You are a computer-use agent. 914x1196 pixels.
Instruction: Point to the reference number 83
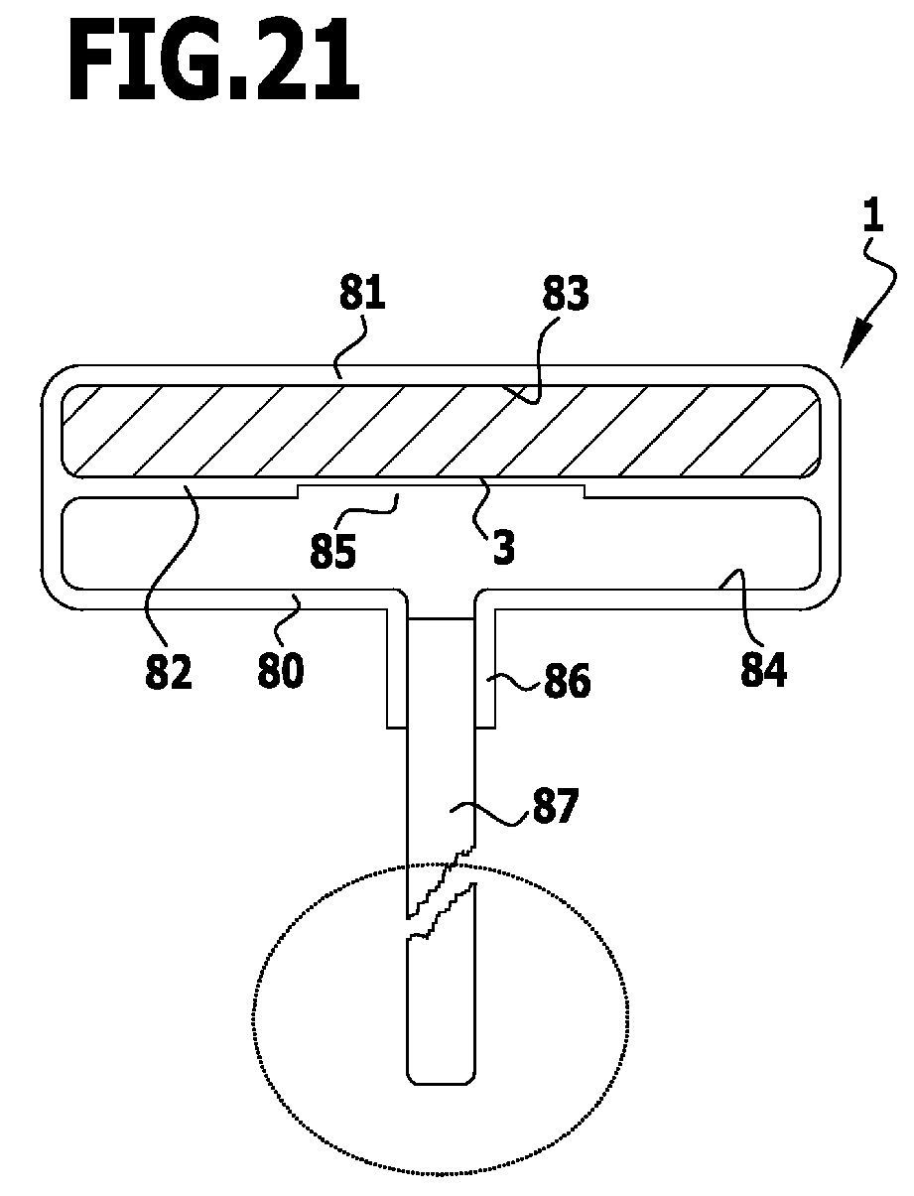pos(565,297)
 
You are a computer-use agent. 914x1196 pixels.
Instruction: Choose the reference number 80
pos(281,670)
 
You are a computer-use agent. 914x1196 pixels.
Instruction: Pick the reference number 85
pos(333,552)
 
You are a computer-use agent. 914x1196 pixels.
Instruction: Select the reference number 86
pos(566,682)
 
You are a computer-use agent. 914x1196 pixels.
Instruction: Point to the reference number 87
pos(552,808)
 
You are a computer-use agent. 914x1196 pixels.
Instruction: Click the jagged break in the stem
pos(442,894)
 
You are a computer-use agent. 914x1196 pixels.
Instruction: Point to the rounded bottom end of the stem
pos(442,1076)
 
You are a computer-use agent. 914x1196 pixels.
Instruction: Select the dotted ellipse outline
pos(256,1022)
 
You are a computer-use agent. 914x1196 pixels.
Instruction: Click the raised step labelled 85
pos(441,490)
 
